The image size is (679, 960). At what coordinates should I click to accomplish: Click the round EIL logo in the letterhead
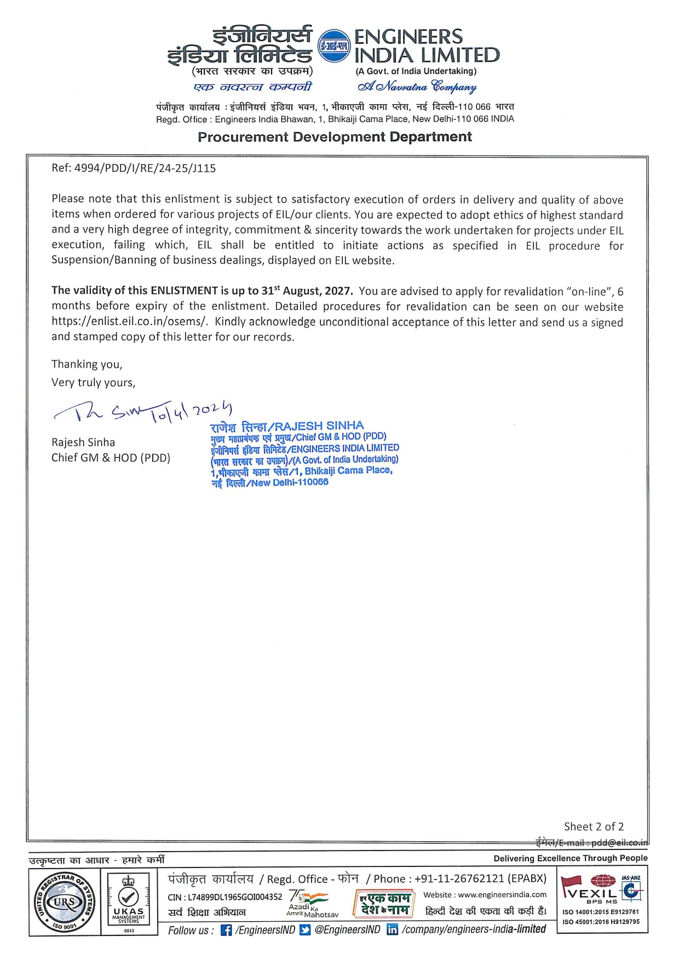coord(333,46)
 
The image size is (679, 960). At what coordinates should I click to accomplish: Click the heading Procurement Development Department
coord(335,137)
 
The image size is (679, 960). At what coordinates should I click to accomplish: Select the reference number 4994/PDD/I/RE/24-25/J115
coord(145,169)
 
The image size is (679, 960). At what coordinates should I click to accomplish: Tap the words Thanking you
coord(87,365)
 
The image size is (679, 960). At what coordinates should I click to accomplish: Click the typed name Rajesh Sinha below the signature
coord(83,442)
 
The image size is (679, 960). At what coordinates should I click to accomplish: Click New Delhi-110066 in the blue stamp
coord(290,482)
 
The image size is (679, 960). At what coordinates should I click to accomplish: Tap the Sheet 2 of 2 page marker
coord(594,826)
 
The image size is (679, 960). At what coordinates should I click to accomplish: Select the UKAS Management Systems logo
coord(129,903)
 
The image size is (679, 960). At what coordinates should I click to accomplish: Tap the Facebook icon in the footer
coord(226,930)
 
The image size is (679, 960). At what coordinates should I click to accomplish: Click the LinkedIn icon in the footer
coord(392,930)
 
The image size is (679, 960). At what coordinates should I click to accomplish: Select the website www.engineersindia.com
coord(502,895)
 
